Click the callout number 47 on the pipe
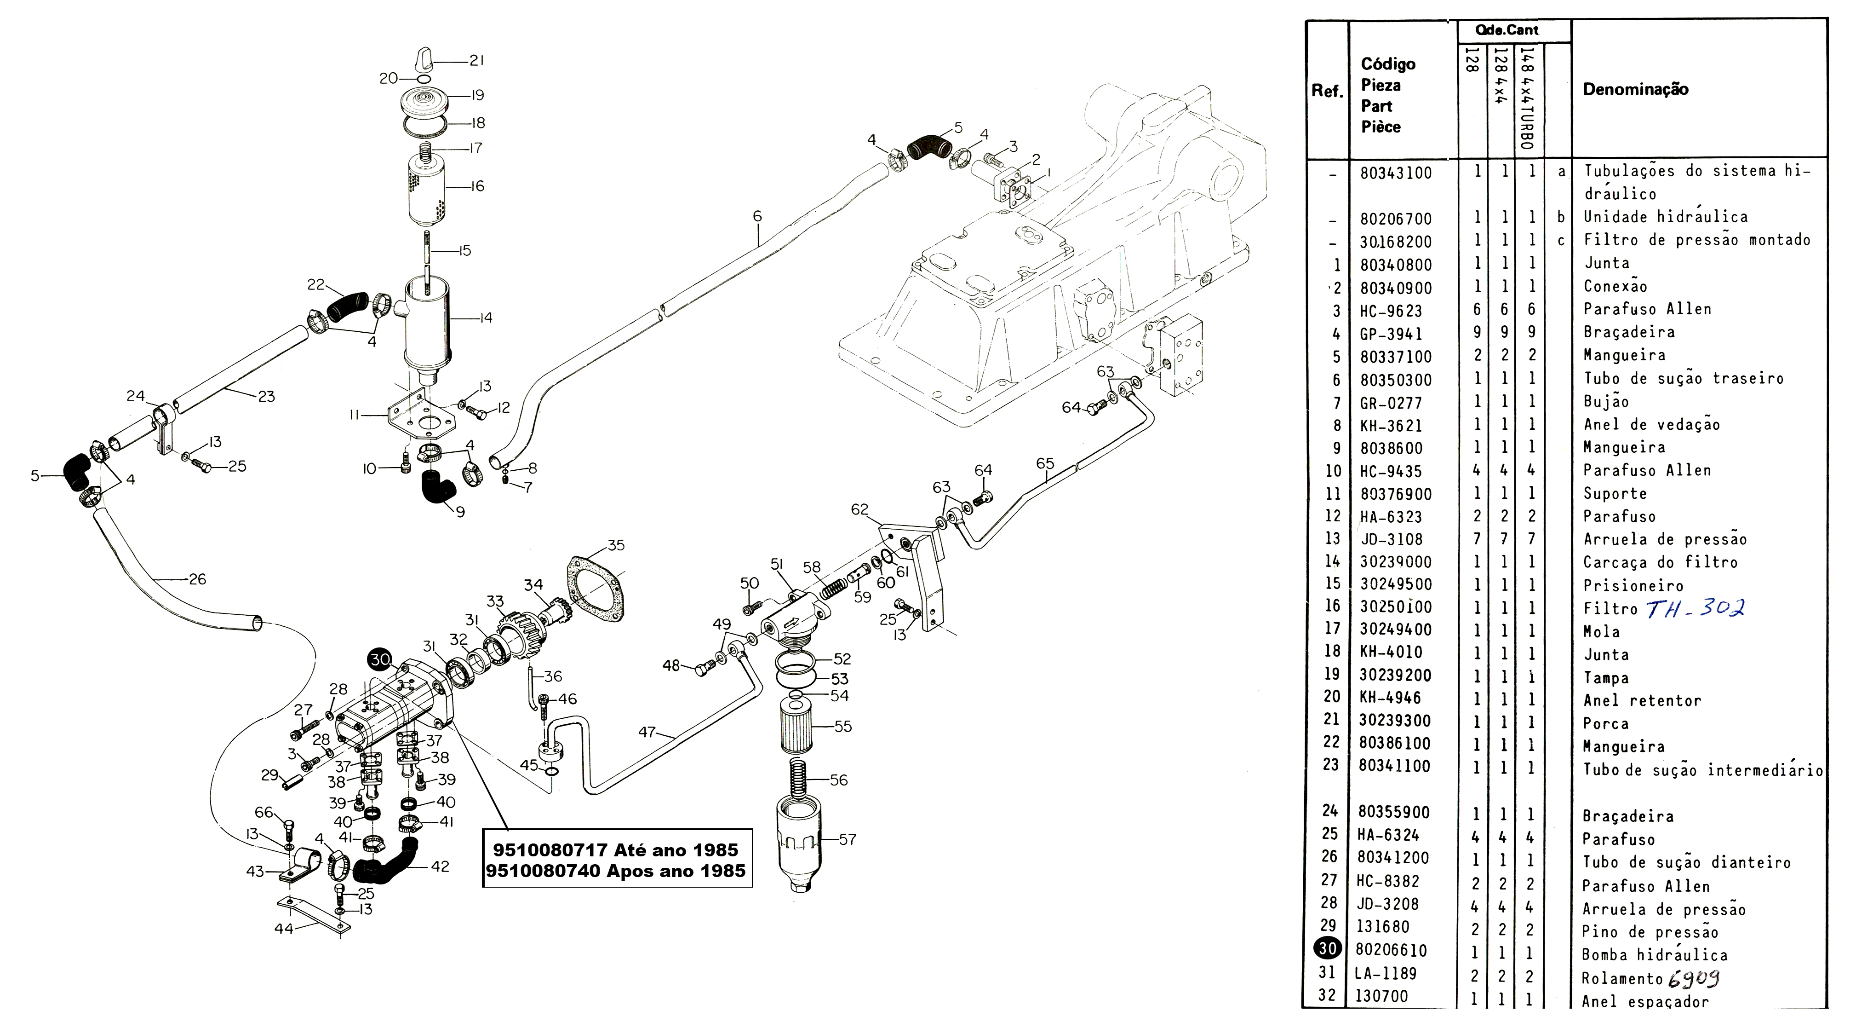(x=646, y=733)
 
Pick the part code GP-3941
(x=1391, y=334)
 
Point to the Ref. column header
(x=1326, y=92)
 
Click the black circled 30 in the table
(x=1328, y=949)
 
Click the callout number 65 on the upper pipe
(x=1045, y=463)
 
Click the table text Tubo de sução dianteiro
(x=1686, y=862)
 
